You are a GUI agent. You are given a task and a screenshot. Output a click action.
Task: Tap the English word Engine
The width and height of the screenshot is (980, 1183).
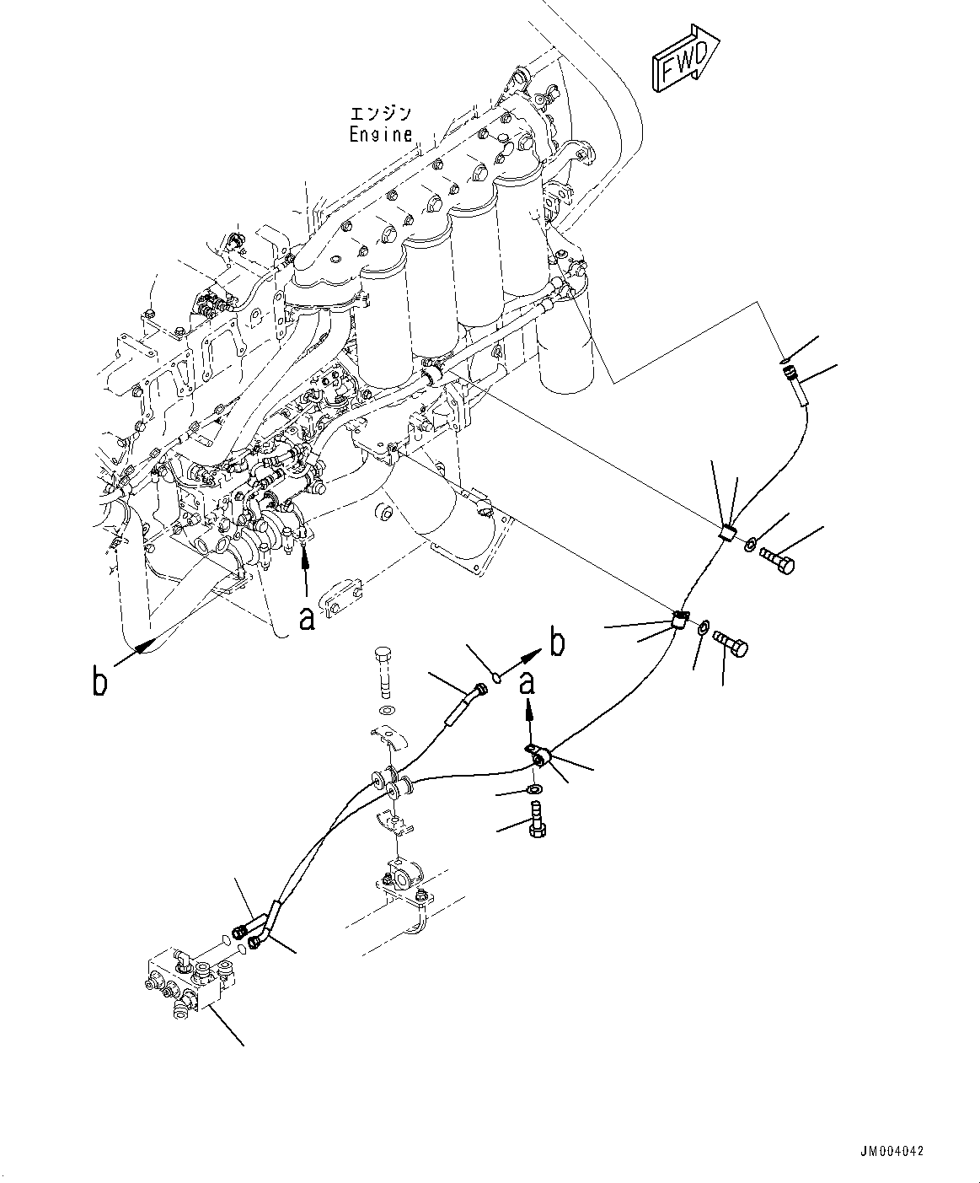click(x=381, y=134)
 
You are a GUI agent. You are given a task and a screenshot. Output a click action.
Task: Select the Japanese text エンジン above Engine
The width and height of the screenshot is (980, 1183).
click(x=381, y=114)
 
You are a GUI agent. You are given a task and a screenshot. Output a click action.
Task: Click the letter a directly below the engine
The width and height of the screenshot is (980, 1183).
click(x=308, y=619)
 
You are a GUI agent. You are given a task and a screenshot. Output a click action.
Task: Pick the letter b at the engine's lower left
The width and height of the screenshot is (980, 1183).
click(x=99, y=681)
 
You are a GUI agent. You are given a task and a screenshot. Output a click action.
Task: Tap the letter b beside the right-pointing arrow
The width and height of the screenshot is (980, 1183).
click(x=556, y=643)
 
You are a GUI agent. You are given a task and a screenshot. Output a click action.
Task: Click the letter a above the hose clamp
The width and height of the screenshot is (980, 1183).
click(x=527, y=682)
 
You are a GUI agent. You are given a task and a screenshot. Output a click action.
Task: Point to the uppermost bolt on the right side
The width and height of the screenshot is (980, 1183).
click(x=776, y=559)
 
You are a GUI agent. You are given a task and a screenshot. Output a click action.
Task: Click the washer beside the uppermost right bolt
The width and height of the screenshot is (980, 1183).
click(x=750, y=546)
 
